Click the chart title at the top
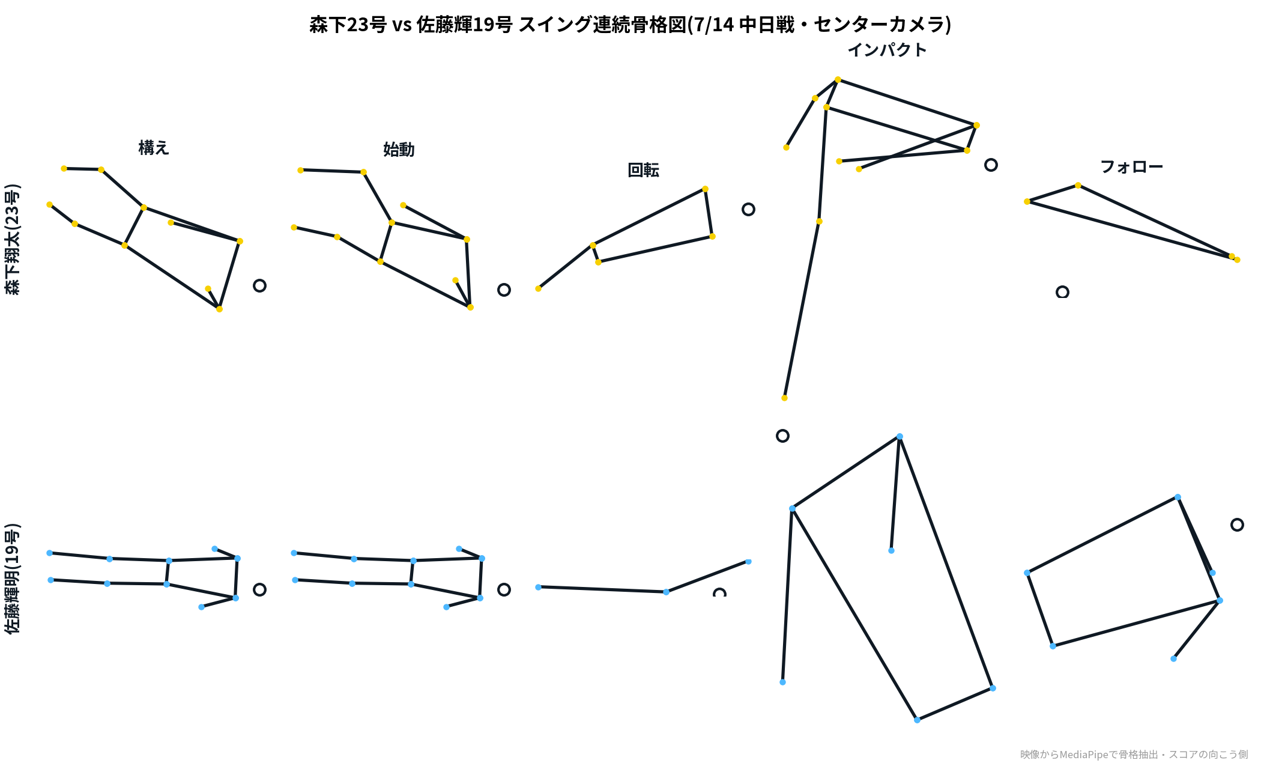[x=630, y=25]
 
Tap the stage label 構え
[x=154, y=148]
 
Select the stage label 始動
[x=399, y=150]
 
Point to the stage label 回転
[x=643, y=170]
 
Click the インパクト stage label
[x=887, y=50]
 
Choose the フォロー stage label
[x=1131, y=167]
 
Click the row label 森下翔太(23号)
[x=13, y=239]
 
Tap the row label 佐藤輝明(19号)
[x=13, y=579]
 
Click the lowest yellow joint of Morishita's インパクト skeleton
[x=784, y=398]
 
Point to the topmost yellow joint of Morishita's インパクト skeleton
[x=838, y=79]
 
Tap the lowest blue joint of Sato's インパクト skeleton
[x=917, y=720]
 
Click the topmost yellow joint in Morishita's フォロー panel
[x=1078, y=185]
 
